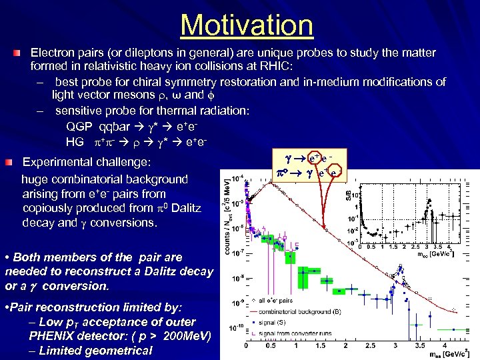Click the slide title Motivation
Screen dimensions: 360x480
[x=246, y=25]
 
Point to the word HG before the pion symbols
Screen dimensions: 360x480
[x=75, y=141]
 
